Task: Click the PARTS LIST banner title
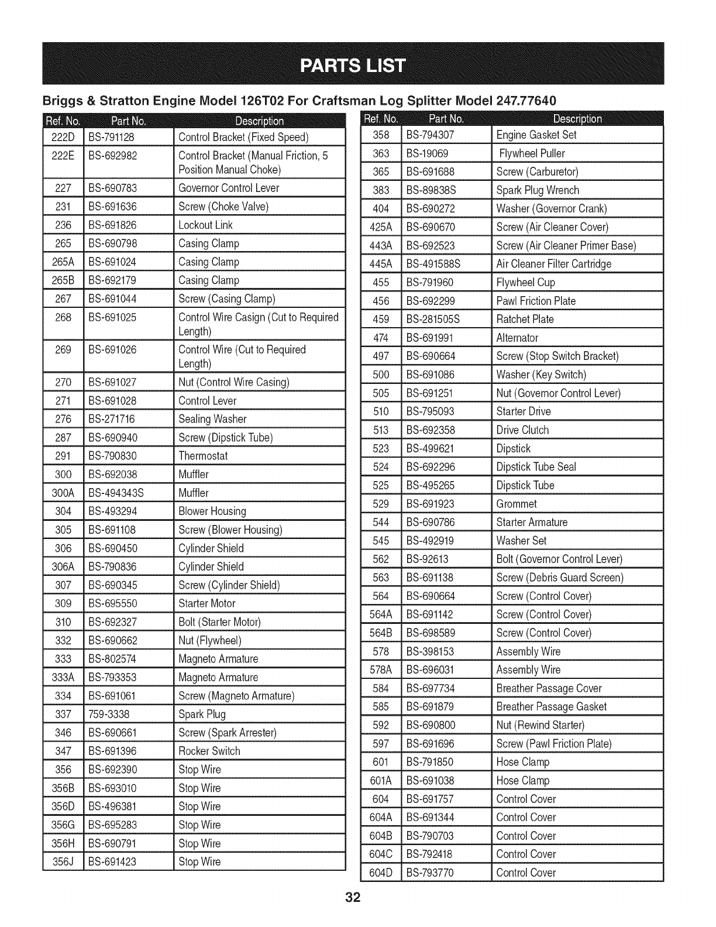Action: click(353, 64)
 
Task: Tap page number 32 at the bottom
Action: click(353, 898)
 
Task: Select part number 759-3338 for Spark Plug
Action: click(109, 714)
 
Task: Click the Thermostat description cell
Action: click(203, 456)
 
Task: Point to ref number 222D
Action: click(63, 138)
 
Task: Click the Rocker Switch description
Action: click(209, 751)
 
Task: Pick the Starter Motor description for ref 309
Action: click(207, 603)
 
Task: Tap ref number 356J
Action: click(63, 861)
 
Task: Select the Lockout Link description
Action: click(205, 225)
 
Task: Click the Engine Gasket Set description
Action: click(536, 135)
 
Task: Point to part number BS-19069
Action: click(428, 153)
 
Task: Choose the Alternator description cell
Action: click(517, 338)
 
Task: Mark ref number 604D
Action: click(380, 873)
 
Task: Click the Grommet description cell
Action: click(517, 504)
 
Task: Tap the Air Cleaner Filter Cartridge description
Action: click(554, 264)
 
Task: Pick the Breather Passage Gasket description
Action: click(552, 706)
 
